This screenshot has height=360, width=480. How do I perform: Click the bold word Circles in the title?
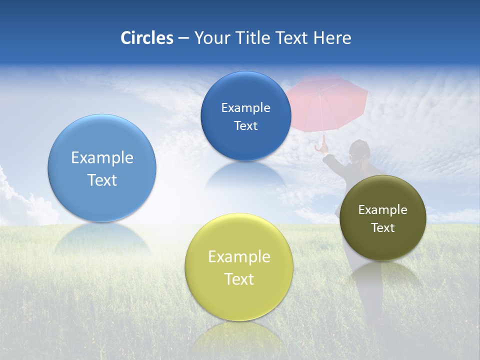[x=147, y=38]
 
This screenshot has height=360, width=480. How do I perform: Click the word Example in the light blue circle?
[x=102, y=158]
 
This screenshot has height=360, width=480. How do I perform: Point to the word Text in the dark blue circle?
[x=245, y=126]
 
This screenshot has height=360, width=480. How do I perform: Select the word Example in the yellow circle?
[x=239, y=257]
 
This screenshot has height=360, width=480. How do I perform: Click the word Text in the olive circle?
[x=383, y=228]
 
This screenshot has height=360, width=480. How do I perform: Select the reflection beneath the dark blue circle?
[x=245, y=175]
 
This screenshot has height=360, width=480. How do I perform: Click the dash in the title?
[x=183, y=38]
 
